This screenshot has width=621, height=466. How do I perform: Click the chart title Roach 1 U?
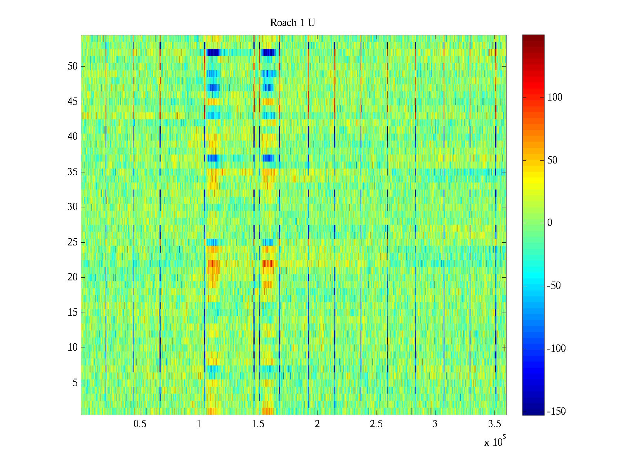click(x=292, y=23)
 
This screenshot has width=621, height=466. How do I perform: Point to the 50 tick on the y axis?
click(x=73, y=66)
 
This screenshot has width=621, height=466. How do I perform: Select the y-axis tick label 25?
click(x=73, y=242)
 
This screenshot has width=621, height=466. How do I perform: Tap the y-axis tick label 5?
click(x=75, y=383)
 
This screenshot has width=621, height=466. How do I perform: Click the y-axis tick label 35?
click(x=73, y=172)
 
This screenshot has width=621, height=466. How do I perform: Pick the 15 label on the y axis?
click(x=73, y=313)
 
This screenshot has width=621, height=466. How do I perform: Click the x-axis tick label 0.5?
click(x=140, y=424)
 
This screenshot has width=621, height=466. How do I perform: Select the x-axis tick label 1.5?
click(x=258, y=424)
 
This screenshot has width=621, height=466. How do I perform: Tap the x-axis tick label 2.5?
click(x=376, y=424)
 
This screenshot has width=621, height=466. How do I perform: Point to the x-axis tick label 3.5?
click(x=494, y=424)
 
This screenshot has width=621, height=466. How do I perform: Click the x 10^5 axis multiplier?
click(x=495, y=442)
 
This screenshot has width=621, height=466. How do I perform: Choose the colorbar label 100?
click(x=555, y=97)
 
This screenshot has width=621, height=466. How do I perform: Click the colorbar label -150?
click(x=556, y=412)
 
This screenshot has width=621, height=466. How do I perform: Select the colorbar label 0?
click(x=550, y=223)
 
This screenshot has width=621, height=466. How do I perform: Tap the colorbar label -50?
click(x=554, y=286)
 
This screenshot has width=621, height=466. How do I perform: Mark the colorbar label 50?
click(x=552, y=160)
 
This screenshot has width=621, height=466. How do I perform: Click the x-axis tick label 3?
click(x=435, y=424)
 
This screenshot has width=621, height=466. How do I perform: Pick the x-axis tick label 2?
click(x=317, y=424)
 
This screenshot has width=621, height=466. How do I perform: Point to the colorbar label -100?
click(x=556, y=349)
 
